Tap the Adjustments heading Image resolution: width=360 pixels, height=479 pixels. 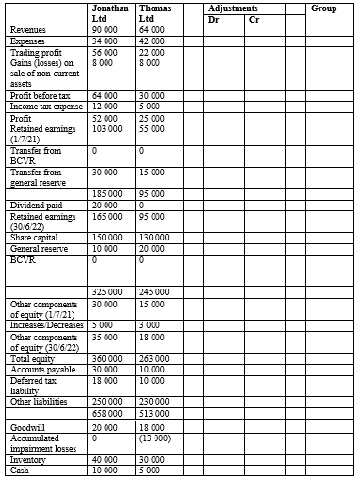click(241, 8)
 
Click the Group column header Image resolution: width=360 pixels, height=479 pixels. click(323, 8)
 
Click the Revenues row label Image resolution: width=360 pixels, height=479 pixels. click(28, 30)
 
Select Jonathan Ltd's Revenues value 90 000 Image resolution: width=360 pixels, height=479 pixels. click(105, 30)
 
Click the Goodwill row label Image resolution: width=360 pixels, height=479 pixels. click(26, 427)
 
